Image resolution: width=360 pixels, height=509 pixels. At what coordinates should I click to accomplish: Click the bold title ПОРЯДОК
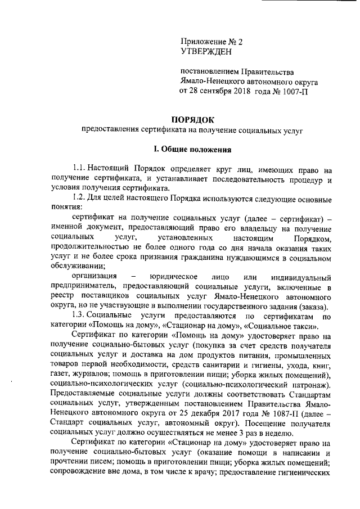pos(193,119)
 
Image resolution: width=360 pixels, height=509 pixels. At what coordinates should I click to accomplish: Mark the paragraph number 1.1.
pos(79,169)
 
